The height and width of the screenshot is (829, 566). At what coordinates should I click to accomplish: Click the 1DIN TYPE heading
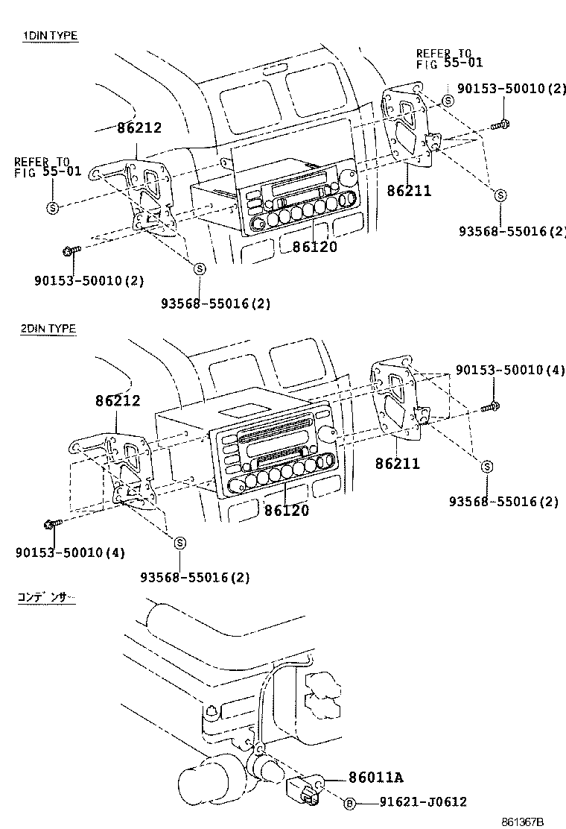[49, 35]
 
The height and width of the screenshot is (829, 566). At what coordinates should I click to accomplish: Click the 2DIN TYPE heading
[49, 328]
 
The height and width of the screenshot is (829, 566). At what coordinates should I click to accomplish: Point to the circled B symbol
[348, 802]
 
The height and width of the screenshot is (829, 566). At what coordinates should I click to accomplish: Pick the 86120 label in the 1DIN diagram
[314, 247]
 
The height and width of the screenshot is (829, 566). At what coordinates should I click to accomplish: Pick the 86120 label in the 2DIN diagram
[287, 511]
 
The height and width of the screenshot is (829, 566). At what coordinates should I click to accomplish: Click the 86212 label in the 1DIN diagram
[139, 127]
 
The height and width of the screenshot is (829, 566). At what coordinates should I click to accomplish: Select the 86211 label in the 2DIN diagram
[398, 464]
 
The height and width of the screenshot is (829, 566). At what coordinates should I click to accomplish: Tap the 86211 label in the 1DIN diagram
[409, 191]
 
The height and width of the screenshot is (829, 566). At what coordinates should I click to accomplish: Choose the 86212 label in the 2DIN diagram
[118, 401]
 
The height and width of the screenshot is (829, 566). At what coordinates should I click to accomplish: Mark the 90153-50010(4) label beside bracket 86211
[510, 371]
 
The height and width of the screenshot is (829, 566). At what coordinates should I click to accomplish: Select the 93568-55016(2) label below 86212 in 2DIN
[195, 577]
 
